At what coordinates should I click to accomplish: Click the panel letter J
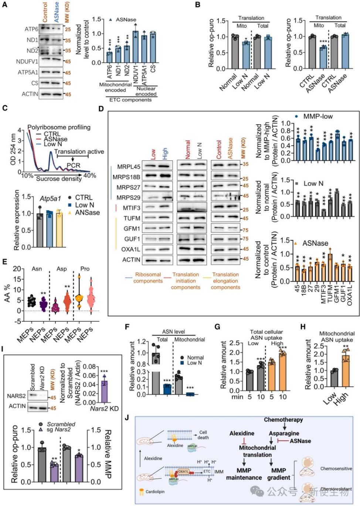tap(127, 418)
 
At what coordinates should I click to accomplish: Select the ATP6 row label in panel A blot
tap(31, 29)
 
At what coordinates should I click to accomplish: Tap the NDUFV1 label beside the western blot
tap(27, 62)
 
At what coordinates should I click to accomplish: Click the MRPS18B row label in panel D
tap(126, 177)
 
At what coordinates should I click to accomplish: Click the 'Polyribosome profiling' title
tap(59, 127)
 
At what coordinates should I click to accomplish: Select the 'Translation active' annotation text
tap(79, 151)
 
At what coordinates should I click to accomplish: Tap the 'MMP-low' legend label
tap(318, 116)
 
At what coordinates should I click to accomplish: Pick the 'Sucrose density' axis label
tap(59, 179)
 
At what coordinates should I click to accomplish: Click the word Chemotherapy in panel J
tap(283, 420)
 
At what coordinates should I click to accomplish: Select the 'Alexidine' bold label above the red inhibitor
tap(242, 433)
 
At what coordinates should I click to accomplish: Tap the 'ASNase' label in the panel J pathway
tap(300, 441)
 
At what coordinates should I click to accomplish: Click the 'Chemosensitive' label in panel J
tap(336, 469)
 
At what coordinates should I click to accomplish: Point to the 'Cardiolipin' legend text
tap(155, 492)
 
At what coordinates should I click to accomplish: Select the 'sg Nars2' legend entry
tap(58, 430)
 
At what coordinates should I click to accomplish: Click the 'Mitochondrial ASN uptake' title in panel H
tap(337, 336)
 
